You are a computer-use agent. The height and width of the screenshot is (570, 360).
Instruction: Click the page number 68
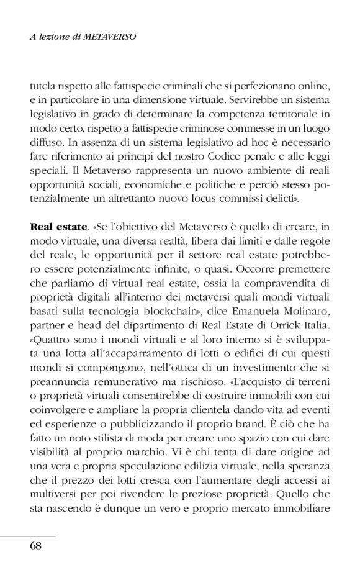click(x=35, y=546)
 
